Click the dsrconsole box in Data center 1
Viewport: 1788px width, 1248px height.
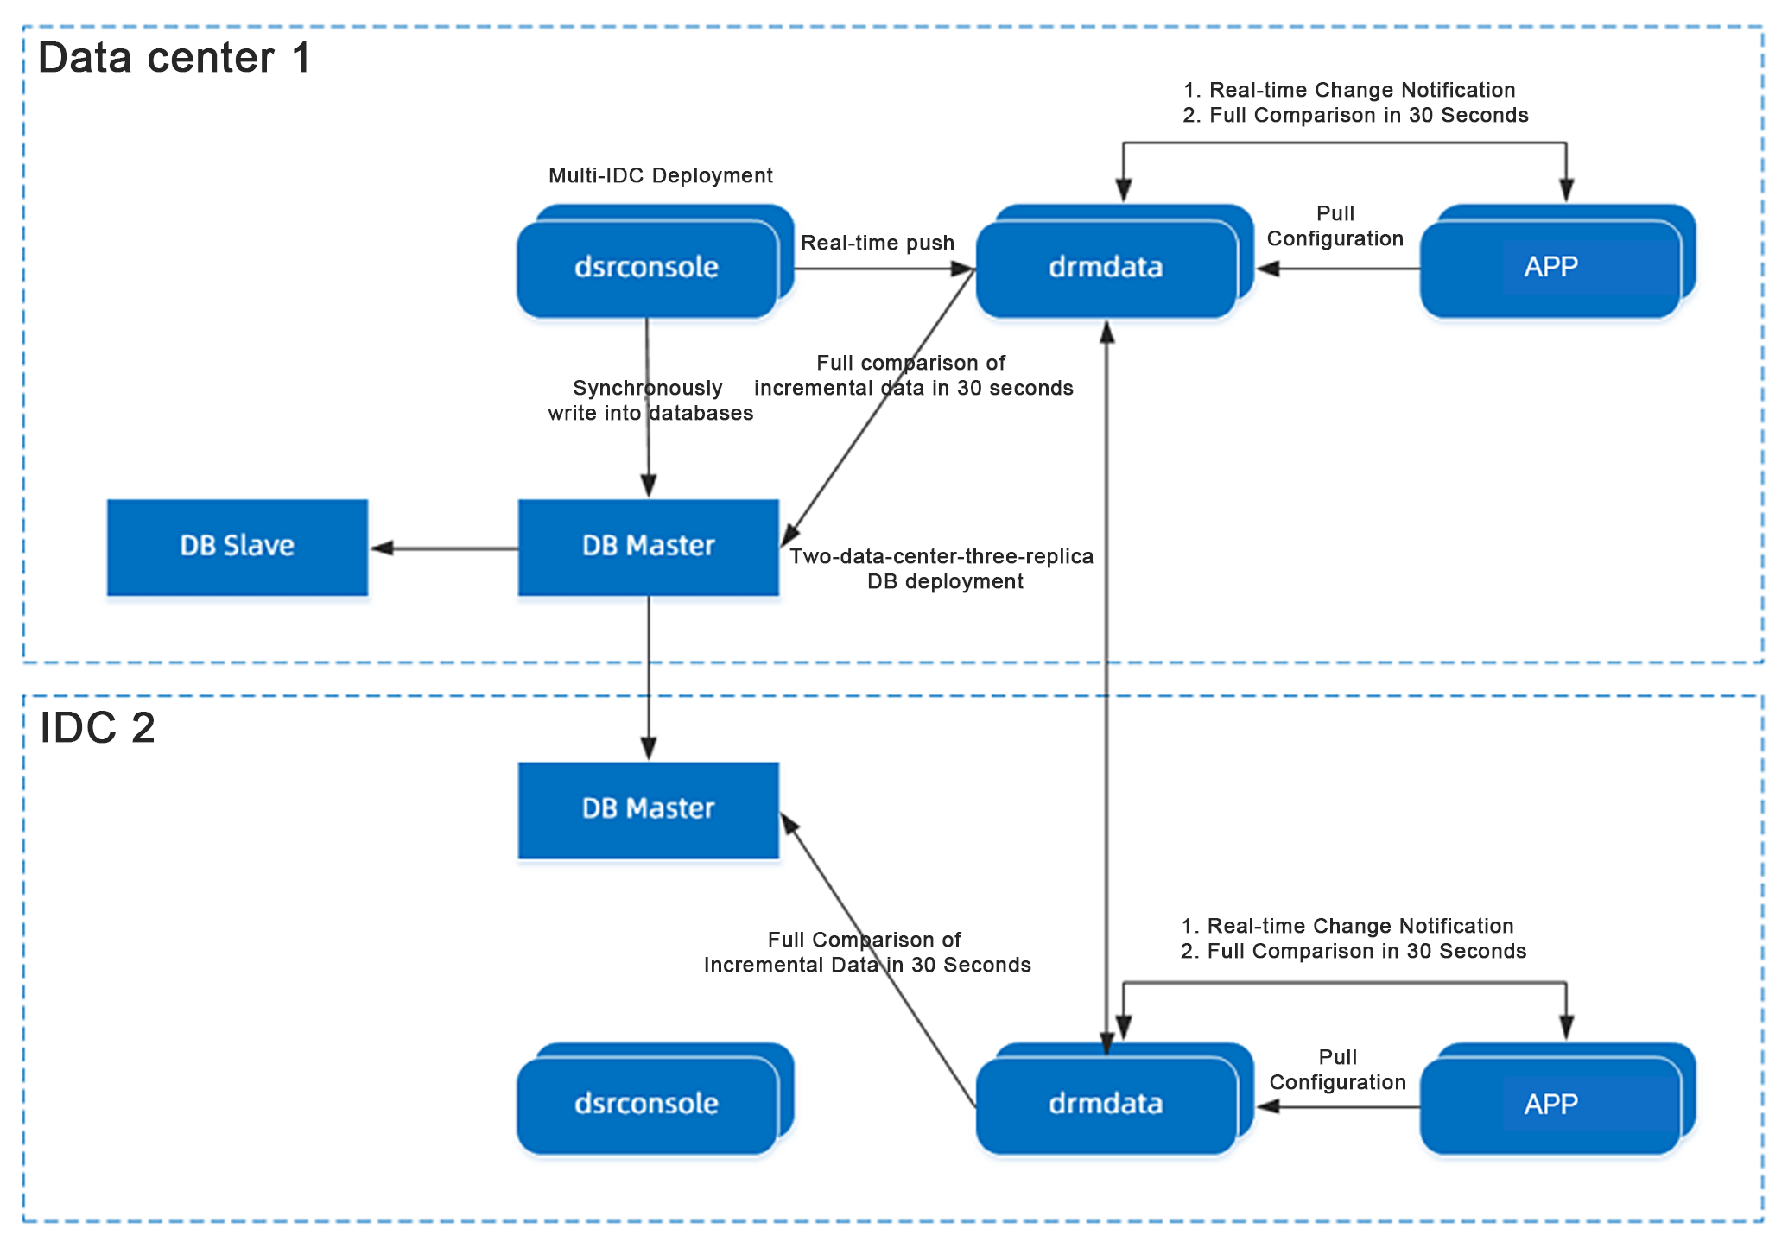[655, 262]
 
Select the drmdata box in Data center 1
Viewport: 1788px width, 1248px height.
[1114, 262]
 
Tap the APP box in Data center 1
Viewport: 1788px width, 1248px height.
[1558, 262]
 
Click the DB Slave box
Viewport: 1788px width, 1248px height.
[238, 548]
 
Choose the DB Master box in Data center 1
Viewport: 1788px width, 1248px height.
[649, 548]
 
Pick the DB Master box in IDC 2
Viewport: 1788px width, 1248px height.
[649, 810]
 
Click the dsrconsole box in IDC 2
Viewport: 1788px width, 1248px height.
[655, 1099]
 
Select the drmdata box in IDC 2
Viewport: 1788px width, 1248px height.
[1114, 1099]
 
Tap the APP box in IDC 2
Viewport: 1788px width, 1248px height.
[1558, 1099]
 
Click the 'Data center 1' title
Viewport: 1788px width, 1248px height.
[174, 58]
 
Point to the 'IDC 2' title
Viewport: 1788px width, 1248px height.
[98, 727]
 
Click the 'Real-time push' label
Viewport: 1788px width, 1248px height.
[878, 243]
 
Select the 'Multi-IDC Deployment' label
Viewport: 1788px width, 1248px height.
[661, 175]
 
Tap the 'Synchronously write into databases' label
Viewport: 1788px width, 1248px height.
[650, 400]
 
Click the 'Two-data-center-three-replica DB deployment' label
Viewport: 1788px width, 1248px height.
[942, 568]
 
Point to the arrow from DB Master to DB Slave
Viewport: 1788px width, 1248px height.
[444, 548]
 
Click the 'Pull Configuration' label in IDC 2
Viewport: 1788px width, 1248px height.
[1337, 1069]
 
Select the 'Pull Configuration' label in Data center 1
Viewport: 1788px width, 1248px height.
[1335, 225]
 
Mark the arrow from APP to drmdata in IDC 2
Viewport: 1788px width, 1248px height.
[1338, 1106]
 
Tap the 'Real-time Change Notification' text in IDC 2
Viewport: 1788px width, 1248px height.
[1360, 926]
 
